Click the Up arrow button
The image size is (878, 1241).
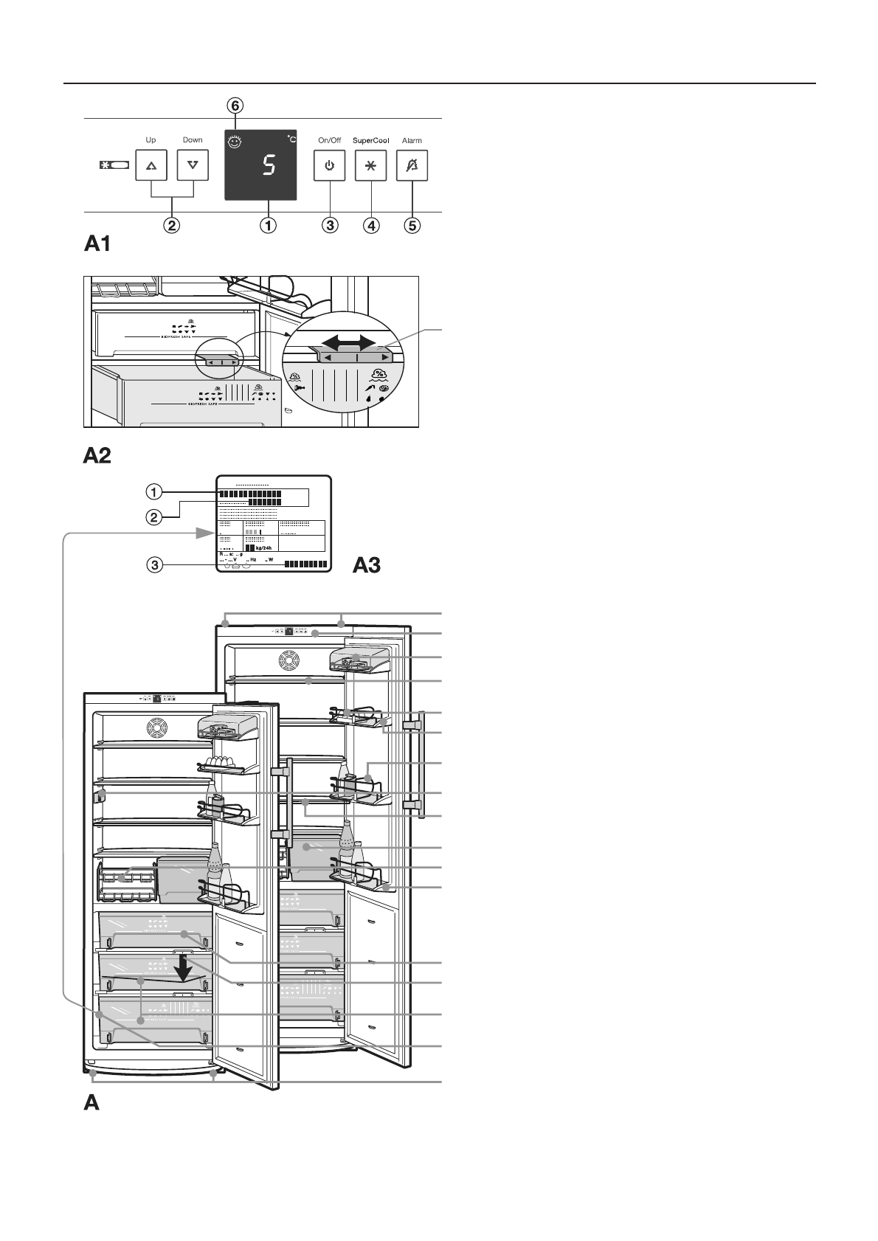151,166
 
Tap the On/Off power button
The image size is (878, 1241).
329,166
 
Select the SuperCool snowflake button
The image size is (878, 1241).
370,166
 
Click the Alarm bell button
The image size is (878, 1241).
412,166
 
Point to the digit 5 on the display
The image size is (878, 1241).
269,166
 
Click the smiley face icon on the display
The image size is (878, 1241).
235,143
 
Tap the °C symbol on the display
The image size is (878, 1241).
291,139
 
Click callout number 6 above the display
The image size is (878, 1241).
235,106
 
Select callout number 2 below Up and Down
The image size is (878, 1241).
171,226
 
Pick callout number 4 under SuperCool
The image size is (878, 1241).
370,226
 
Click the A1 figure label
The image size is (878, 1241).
97,244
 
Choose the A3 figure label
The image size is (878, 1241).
367,565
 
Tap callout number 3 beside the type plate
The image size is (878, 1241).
153,566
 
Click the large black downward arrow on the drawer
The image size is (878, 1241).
184,969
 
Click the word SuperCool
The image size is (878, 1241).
370,140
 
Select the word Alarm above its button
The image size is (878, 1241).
412,140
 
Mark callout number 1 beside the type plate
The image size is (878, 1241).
153,491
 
